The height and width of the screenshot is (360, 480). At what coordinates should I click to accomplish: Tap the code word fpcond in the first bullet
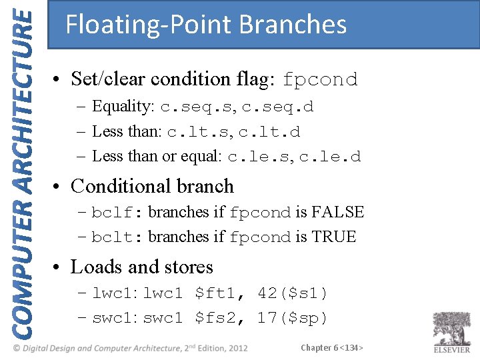[320, 80]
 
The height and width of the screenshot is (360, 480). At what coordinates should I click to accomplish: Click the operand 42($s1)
[293, 293]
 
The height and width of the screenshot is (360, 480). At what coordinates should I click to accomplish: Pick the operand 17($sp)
[293, 318]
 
